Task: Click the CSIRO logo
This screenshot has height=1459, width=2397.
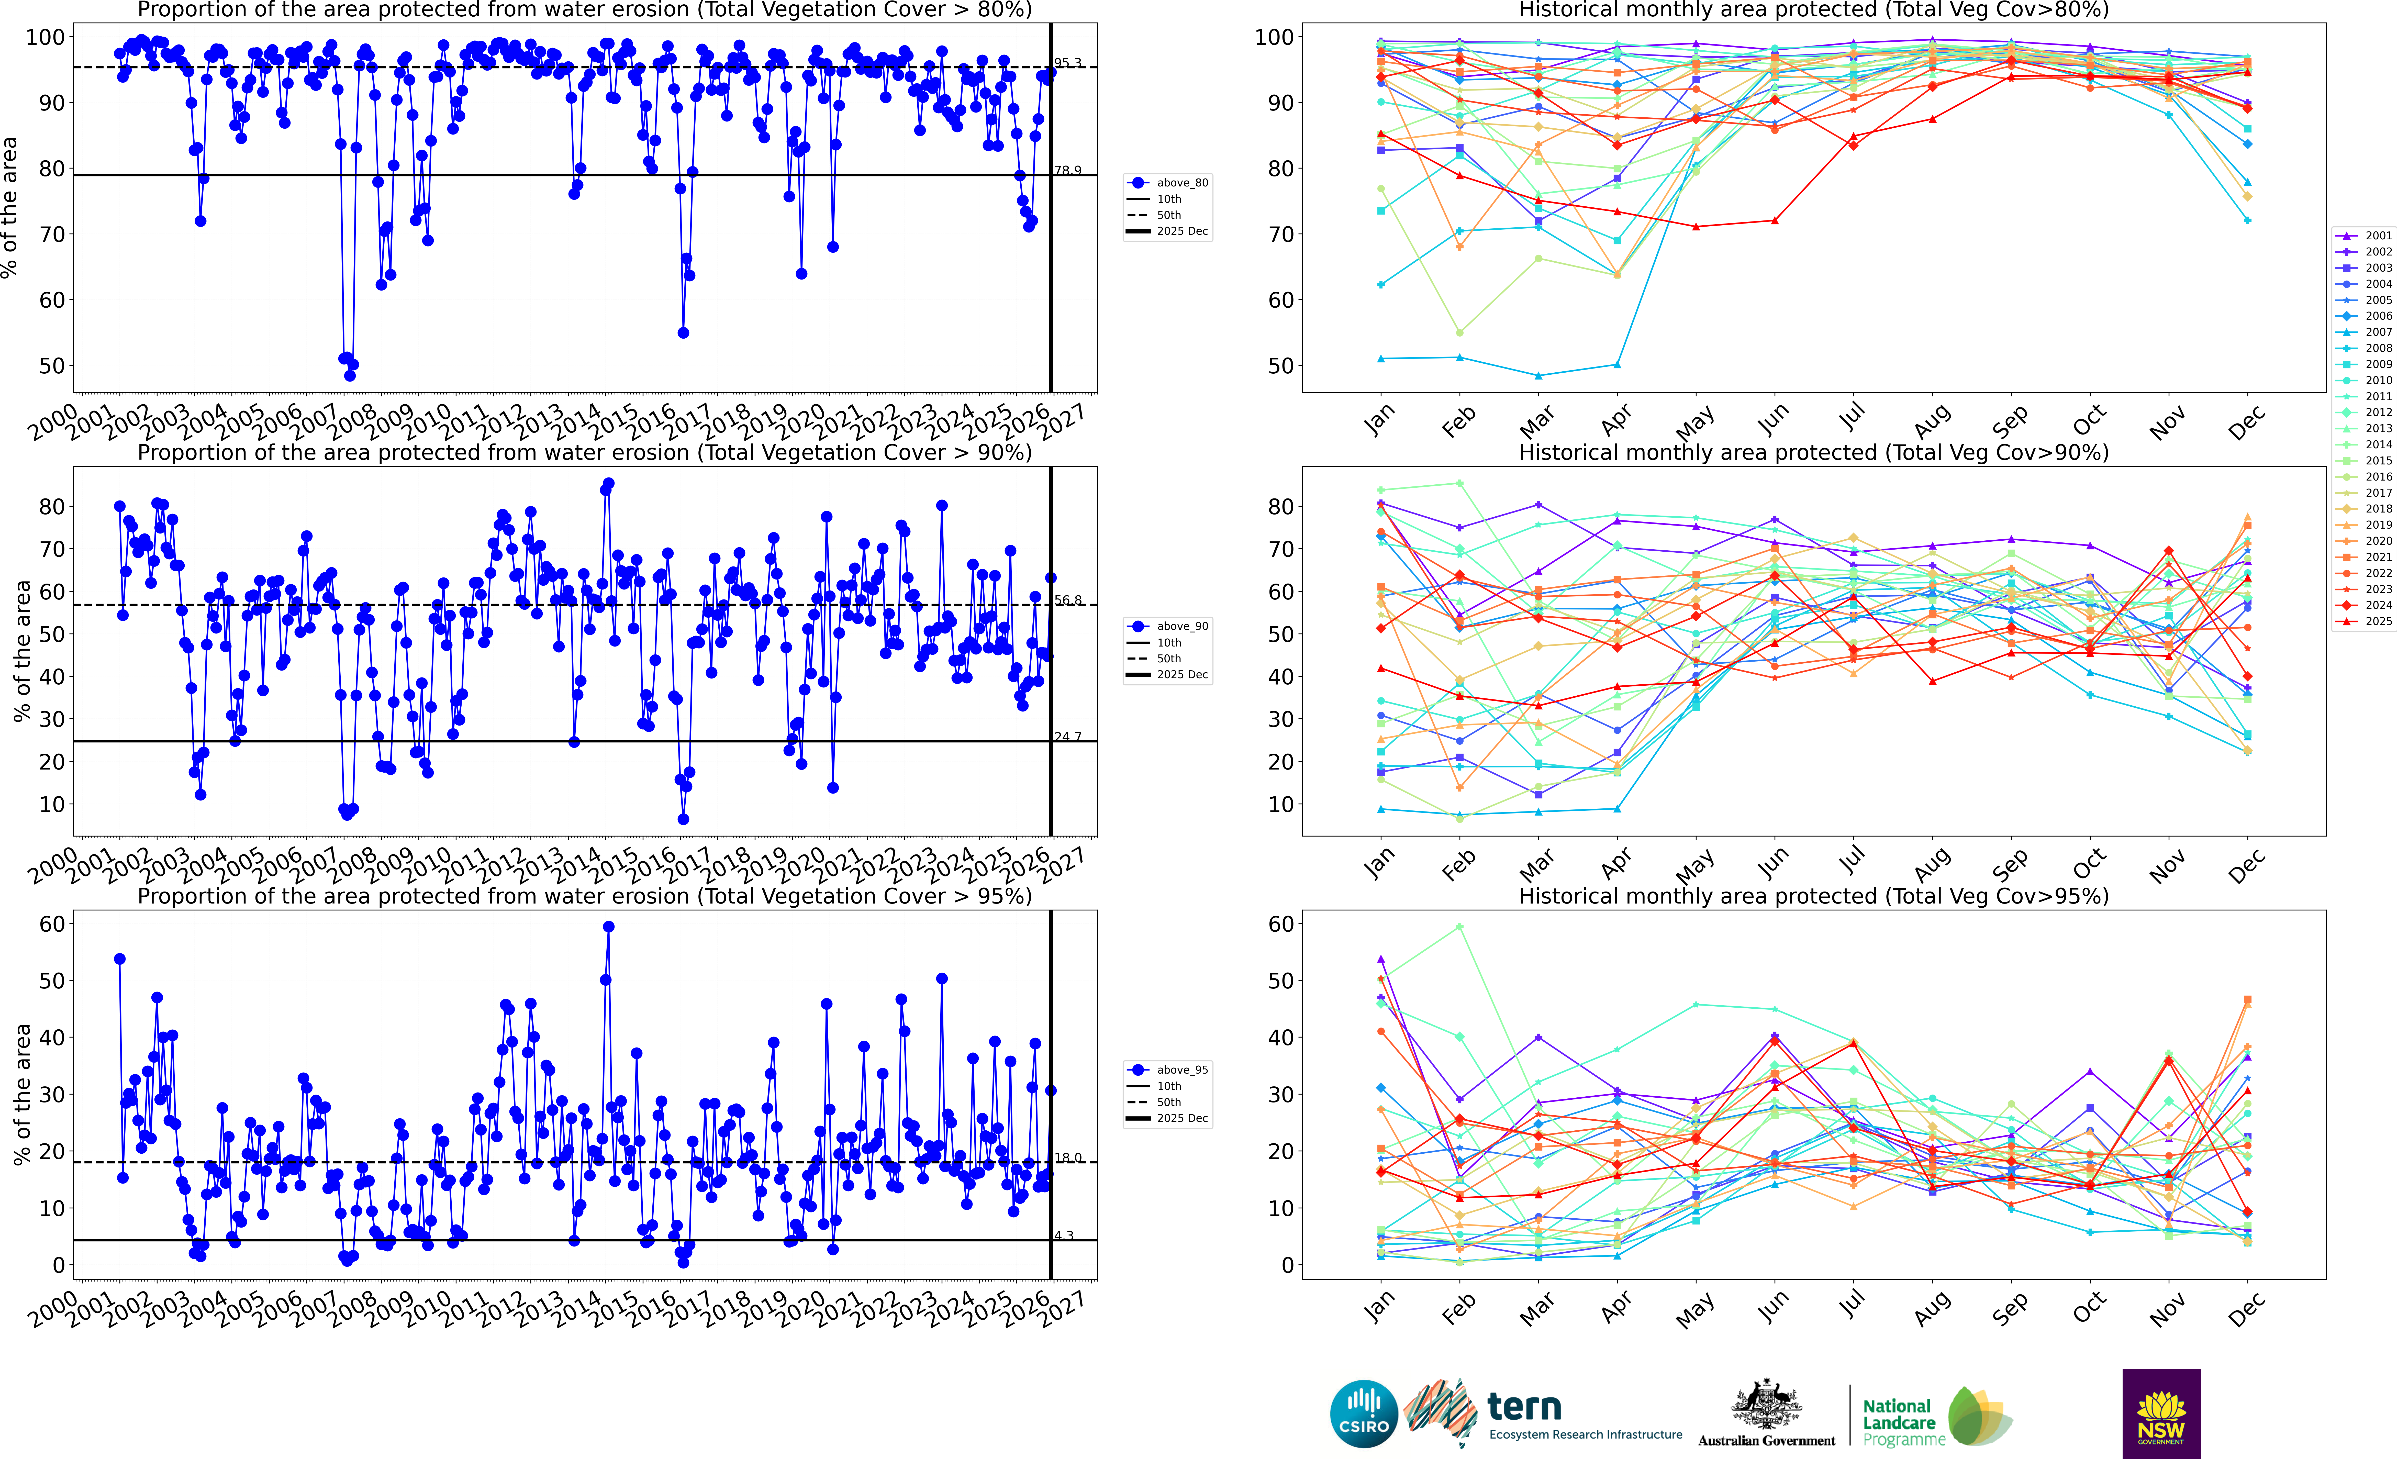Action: click(x=1364, y=1413)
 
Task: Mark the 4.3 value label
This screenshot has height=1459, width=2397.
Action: click(x=1064, y=1235)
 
